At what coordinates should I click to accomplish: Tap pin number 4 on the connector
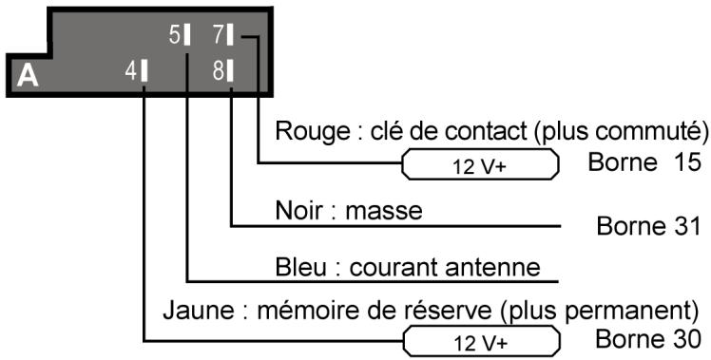[x=137, y=72]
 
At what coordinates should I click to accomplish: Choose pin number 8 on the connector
[x=224, y=72]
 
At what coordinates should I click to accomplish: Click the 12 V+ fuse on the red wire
[x=481, y=163]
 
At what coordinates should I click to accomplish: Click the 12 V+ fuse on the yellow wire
[x=481, y=339]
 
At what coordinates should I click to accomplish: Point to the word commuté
[x=651, y=130]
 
